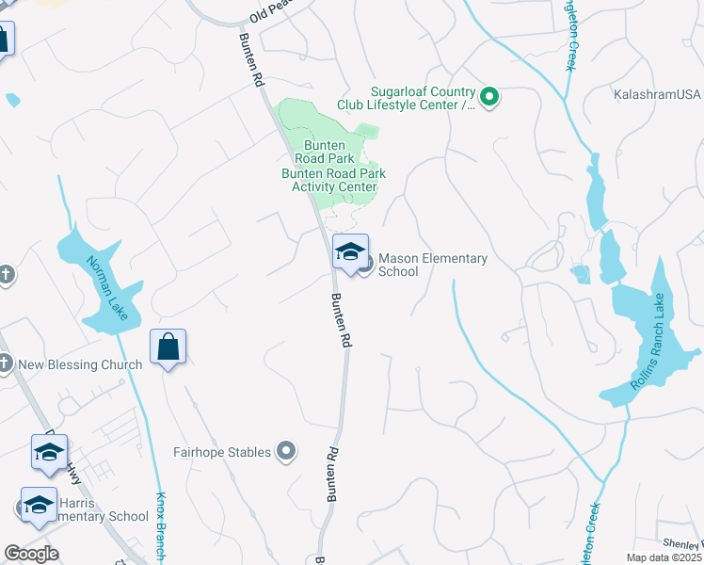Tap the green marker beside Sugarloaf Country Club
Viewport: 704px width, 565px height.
[489, 96]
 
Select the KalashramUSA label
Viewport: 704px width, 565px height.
[658, 96]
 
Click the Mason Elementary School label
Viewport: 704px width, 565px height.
[432, 265]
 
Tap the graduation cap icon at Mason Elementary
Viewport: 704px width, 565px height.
[351, 251]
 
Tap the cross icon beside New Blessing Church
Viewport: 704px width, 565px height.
[5, 363]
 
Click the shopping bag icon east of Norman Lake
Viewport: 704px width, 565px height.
[168, 347]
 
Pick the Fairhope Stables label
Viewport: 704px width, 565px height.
[223, 452]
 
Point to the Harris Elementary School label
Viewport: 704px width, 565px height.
[94, 516]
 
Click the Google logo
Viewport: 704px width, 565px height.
[31, 554]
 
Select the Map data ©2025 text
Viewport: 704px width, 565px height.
[664, 557]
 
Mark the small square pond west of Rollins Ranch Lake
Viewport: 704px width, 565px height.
[581, 274]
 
